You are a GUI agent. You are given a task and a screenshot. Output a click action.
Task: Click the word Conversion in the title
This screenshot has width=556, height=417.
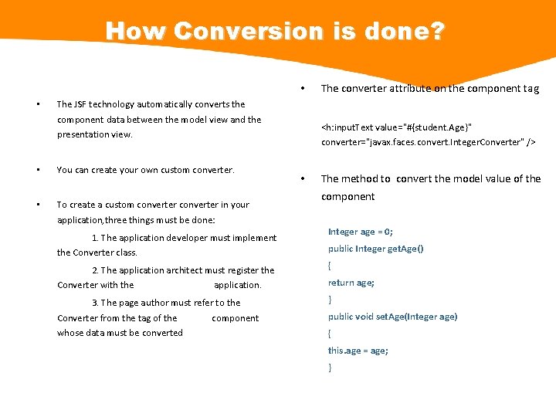(237, 32)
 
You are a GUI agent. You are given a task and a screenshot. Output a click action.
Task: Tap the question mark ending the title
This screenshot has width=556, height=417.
(436, 32)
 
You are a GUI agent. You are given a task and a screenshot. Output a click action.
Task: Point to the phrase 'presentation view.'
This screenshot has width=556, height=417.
(95, 134)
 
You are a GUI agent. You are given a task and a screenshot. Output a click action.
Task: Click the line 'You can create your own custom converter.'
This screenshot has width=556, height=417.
(145, 170)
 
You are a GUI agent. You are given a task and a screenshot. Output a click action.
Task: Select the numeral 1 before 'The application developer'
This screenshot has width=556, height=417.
(94, 238)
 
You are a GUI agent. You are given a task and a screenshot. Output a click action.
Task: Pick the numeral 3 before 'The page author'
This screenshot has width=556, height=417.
(94, 303)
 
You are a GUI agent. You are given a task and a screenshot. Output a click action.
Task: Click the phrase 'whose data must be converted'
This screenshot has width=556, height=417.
(120, 333)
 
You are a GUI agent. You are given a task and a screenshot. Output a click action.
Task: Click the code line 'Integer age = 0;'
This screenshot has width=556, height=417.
(360, 232)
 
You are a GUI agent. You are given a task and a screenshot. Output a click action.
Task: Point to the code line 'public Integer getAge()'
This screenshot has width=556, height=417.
(375, 249)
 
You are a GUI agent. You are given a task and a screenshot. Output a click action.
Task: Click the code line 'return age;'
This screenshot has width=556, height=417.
(351, 283)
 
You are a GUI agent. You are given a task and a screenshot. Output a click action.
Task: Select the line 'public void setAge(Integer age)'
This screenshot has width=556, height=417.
(392, 317)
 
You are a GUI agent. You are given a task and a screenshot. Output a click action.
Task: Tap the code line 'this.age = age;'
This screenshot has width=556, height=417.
(358, 351)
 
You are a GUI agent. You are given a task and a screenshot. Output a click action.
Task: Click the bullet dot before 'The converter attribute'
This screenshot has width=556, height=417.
(305, 87)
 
